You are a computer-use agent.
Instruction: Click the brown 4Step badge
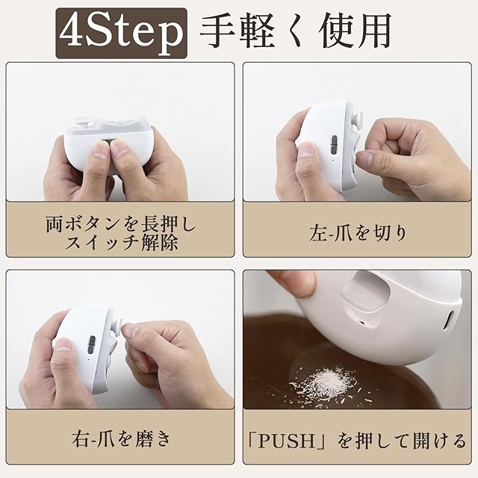121,33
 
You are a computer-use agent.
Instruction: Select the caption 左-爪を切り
358,233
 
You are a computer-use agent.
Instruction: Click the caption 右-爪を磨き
121,439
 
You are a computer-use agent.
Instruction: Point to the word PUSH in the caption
286,441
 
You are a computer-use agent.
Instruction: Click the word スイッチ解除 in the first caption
121,243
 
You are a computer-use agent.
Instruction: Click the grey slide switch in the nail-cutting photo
334,144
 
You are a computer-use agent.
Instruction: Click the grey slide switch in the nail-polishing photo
91,345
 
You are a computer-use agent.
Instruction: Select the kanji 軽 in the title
256,31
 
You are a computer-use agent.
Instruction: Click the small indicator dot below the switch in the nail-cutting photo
332,160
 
